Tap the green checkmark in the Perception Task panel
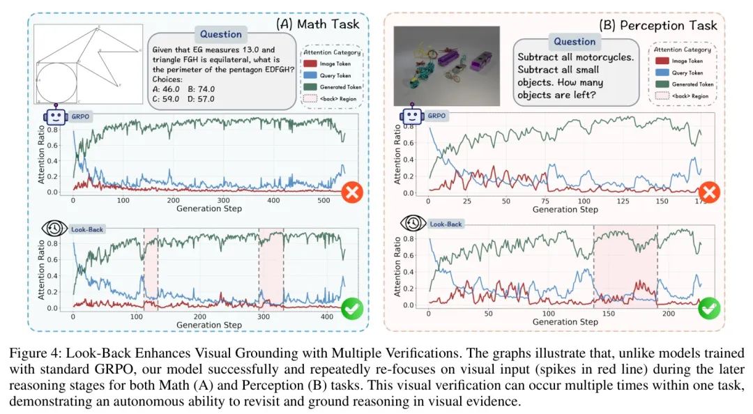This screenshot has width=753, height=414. tap(709, 307)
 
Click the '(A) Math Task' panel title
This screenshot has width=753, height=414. tap(318, 24)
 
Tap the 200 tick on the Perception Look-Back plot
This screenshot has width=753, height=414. tap(669, 314)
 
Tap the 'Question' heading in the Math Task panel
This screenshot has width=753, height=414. tap(220, 34)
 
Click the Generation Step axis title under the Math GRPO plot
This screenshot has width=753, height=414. tap(209, 208)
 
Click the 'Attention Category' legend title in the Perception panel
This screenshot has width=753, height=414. tap(683, 49)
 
